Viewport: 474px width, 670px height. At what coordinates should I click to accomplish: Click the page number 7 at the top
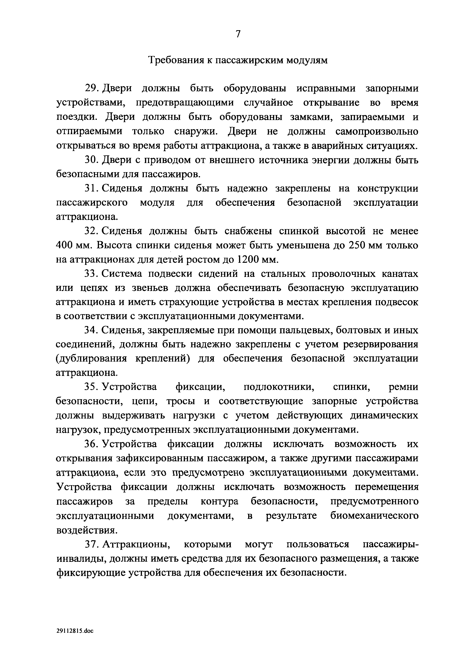point(238,34)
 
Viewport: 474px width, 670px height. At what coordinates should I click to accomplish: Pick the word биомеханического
point(374,516)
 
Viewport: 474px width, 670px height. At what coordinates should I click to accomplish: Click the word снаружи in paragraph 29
point(196,131)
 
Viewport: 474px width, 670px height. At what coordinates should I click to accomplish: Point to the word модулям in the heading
point(307,60)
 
